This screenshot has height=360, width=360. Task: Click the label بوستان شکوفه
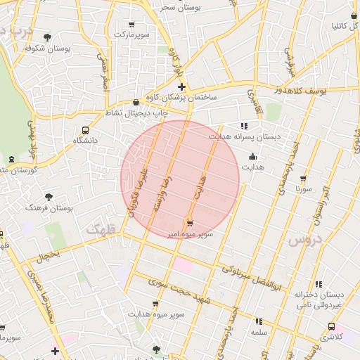tap(40, 49)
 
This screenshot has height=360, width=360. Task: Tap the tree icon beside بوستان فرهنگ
tap(49, 197)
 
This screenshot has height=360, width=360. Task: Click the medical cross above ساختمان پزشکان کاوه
tap(181, 86)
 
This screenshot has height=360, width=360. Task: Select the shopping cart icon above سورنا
tap(303, 179)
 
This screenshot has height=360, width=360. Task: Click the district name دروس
tap(304, 240)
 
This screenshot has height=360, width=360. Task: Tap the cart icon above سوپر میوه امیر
tap(190, 223)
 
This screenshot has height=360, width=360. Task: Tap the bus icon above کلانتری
tap(331, 326)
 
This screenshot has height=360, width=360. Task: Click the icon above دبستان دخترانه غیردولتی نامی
tap(318, 284)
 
